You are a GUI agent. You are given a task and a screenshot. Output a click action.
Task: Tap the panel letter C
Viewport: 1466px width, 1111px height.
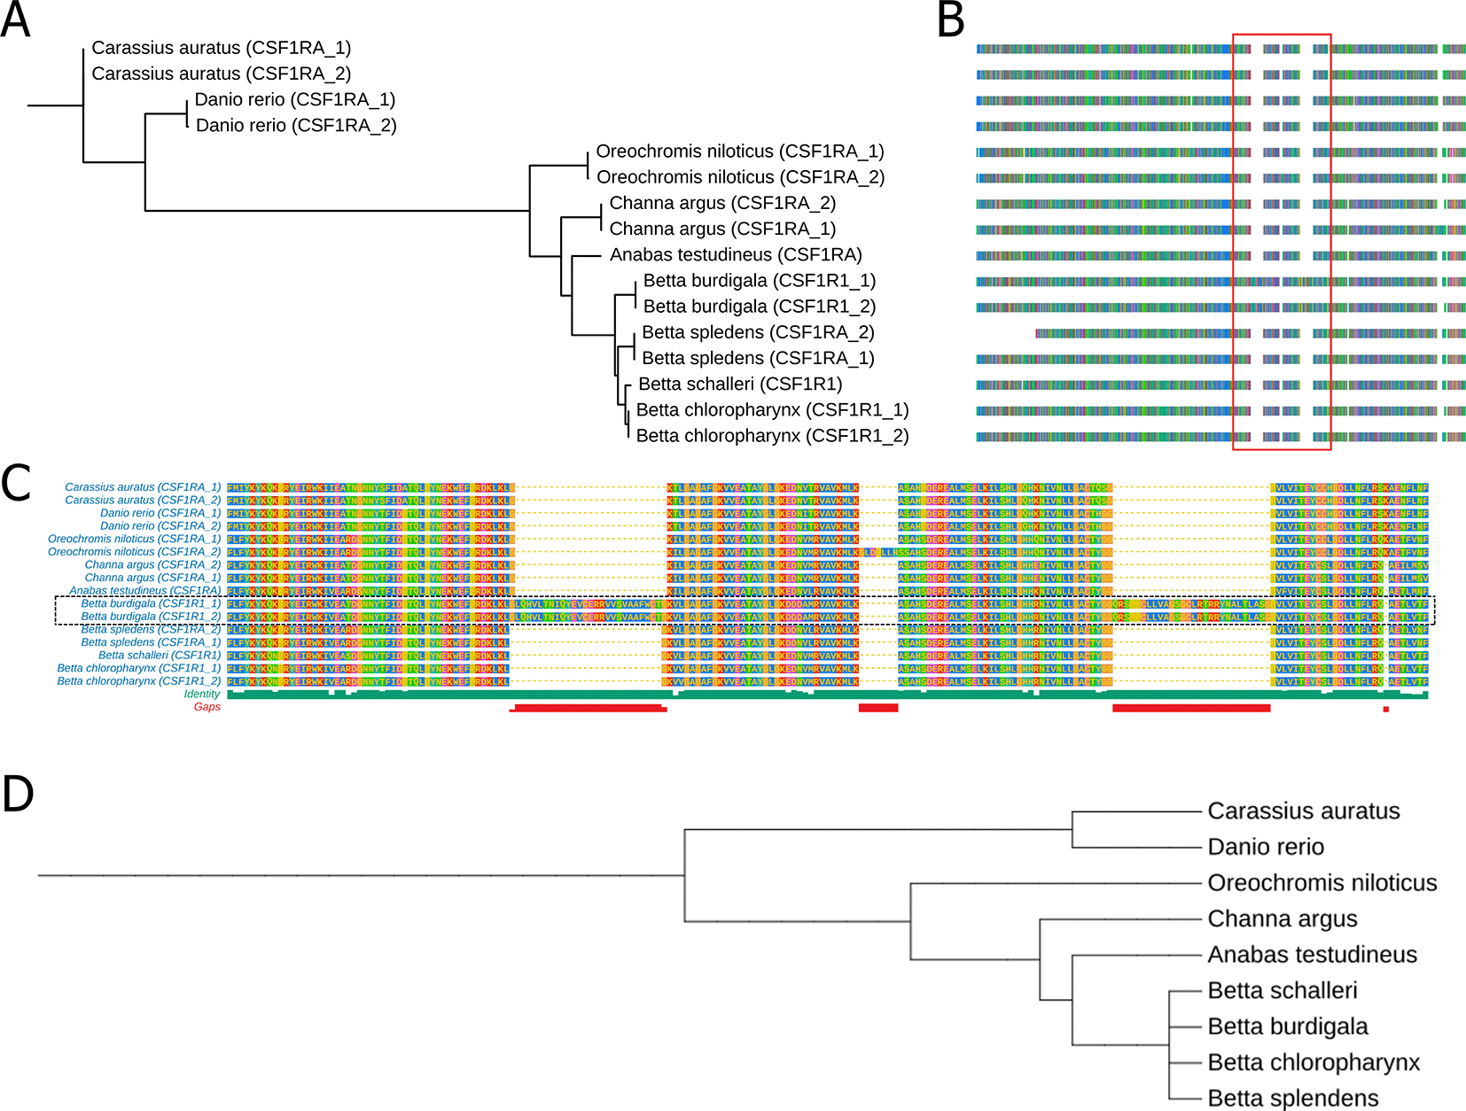[x=16, y=484]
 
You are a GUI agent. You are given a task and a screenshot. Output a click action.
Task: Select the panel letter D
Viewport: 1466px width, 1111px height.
[x=18, y=794]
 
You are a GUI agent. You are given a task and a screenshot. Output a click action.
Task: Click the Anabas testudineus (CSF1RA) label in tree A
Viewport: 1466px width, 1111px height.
[x=735, y=255]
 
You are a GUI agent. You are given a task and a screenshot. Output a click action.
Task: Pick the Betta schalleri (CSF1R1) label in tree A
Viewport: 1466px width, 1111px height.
[x=740, y=385]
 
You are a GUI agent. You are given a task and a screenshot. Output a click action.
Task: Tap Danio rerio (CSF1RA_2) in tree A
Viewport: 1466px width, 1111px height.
[x=295, y=126]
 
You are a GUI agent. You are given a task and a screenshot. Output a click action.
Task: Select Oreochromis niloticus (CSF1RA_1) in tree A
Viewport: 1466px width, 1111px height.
[x=739, y=151]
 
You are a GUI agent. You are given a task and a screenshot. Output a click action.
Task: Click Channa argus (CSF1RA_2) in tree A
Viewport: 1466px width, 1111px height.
[x=722, y=203]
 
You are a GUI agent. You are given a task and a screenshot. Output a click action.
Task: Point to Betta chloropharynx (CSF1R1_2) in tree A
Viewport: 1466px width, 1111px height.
[x=772, y=436]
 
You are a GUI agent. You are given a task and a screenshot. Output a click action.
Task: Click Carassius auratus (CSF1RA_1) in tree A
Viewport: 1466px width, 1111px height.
[x=221, y=48]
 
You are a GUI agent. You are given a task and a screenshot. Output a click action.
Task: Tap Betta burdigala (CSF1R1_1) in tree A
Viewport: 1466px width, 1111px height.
[x=759, y=281]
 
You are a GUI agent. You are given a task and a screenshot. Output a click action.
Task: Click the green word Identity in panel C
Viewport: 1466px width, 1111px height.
[x=202, y=695]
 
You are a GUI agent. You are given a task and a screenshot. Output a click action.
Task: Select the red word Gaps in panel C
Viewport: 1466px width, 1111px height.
[x=207, y=707]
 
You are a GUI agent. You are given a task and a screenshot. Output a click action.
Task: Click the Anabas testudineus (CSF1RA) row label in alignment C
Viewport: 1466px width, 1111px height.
[x=145, y=591]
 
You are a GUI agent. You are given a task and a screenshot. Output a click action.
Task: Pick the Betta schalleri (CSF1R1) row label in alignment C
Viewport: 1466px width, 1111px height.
[x=160, y=656]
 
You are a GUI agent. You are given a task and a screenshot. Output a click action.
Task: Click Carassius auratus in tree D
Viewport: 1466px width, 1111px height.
[x=1303, y=812]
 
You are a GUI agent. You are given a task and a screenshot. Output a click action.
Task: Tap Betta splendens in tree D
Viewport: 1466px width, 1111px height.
[x=1292, y=1099]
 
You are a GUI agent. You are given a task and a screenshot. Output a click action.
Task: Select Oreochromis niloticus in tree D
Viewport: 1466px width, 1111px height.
[x=1322, y=883]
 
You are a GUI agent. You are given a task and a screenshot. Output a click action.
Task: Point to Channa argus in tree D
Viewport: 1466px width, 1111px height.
[x=1282, y=920]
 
